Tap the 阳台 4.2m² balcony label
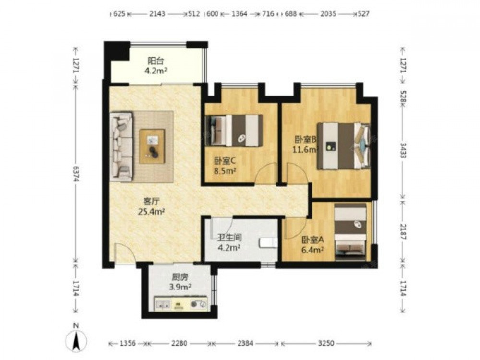(x=156, y=66)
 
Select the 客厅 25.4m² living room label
(x=152, y=206)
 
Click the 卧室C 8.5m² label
(x=225, y=166)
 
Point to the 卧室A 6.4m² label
(x=312, y=245)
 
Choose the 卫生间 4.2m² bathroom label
(x=229, y=242)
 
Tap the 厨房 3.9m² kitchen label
(x=180, y=282)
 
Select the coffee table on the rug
(x=152, y=146)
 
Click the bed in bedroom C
(x=235, y=131)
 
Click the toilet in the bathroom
(x=268, y=242)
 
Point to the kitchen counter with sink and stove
(x=181, y=303)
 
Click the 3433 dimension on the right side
(x=403, y=150)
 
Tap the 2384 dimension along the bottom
(x=245, y=343)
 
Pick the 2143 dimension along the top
(x=157, y=13)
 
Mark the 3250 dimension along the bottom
(x=326, y=343)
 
